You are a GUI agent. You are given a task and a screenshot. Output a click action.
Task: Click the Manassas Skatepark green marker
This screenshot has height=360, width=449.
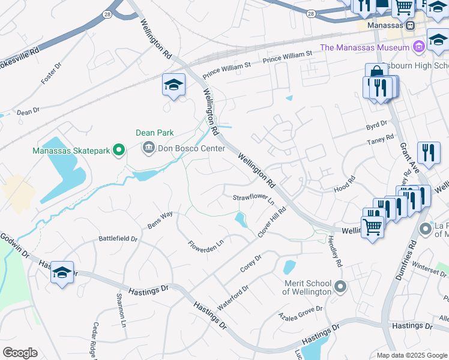(x=119, y=150)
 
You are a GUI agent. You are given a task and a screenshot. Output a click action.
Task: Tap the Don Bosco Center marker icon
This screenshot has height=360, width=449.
(x=148, y=146)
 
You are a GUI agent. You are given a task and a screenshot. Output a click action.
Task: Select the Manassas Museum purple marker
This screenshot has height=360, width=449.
(x=419, y=46)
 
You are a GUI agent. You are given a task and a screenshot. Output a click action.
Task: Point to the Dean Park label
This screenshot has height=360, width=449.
(x=154, y=133)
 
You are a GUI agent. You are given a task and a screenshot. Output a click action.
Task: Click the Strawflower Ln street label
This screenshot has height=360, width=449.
(x=253, y=199)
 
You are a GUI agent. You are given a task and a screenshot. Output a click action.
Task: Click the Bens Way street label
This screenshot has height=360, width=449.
(x=160, y=219)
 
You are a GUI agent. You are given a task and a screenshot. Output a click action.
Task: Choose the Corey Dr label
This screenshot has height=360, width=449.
(x=251, y=264)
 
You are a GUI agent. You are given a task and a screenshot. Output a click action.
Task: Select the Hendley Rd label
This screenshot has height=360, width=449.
(x=335, y=251)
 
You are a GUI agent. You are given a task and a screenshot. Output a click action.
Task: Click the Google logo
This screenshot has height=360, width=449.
(x=20, y=353)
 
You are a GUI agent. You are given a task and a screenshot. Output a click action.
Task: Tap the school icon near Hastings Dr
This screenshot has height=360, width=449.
(x=62, y=273)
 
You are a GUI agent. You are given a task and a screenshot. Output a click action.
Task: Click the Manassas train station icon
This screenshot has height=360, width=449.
(x=410, y=26)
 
